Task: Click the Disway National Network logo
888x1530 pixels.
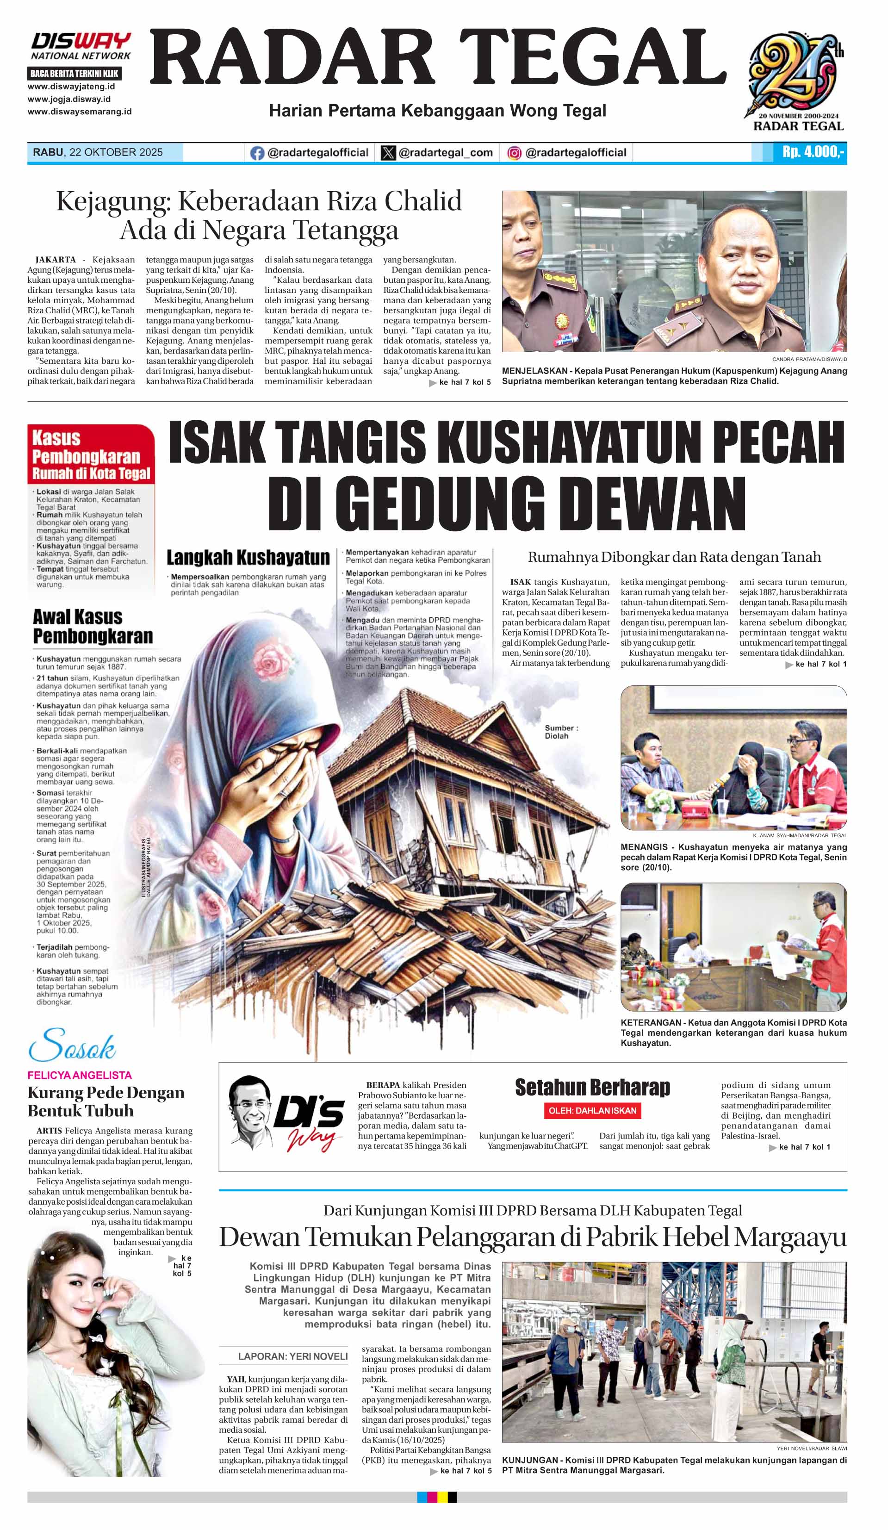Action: click(x=81, y=46)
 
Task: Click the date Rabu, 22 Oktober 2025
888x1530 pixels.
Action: click(x=98, y=152)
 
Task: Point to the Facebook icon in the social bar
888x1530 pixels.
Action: click(x=257, y=153)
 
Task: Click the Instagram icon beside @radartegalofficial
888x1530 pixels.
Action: click(x=514, y=153)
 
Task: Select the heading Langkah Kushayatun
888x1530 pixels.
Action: click(x=248, y=557)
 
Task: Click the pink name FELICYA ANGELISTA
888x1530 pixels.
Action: click(x=80, y=1075)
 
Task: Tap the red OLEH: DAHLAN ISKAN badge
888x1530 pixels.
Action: click(x=592, y=1110)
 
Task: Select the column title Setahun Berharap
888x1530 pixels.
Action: click(x=592, y=1087)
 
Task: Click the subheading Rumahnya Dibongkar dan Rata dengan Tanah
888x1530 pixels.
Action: click(x=674, y=557)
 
